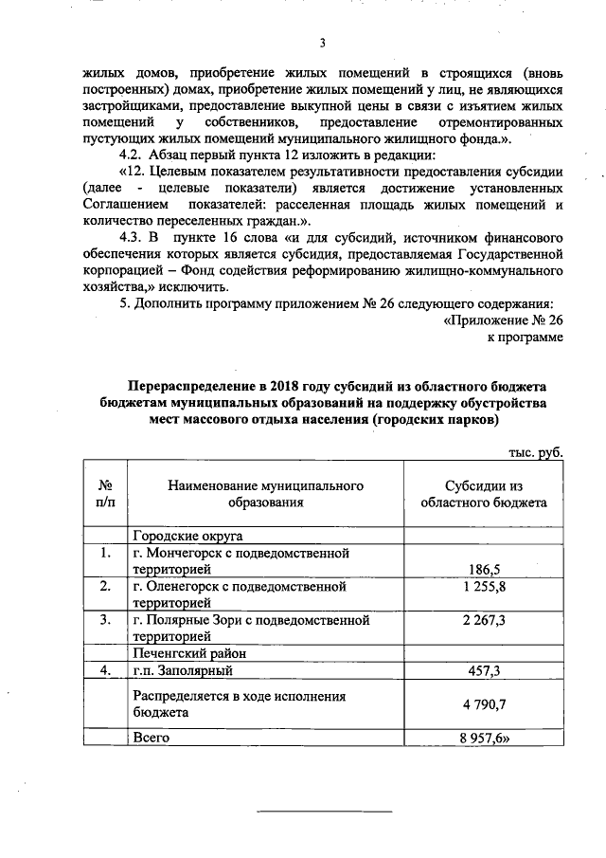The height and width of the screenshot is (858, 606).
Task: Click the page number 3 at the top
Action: (x=322, y=43)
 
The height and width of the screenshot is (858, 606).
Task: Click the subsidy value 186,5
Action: (x=484, y=569)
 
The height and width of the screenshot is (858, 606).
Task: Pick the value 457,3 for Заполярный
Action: (x=484, y=671)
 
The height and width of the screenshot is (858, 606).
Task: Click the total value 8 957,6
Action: (x=486, y=737)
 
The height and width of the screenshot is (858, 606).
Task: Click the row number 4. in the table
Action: (x=106, y=671)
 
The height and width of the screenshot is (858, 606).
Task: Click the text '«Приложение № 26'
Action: (x=503, y=319)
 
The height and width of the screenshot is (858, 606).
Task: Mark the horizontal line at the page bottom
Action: (x=325, y=812)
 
